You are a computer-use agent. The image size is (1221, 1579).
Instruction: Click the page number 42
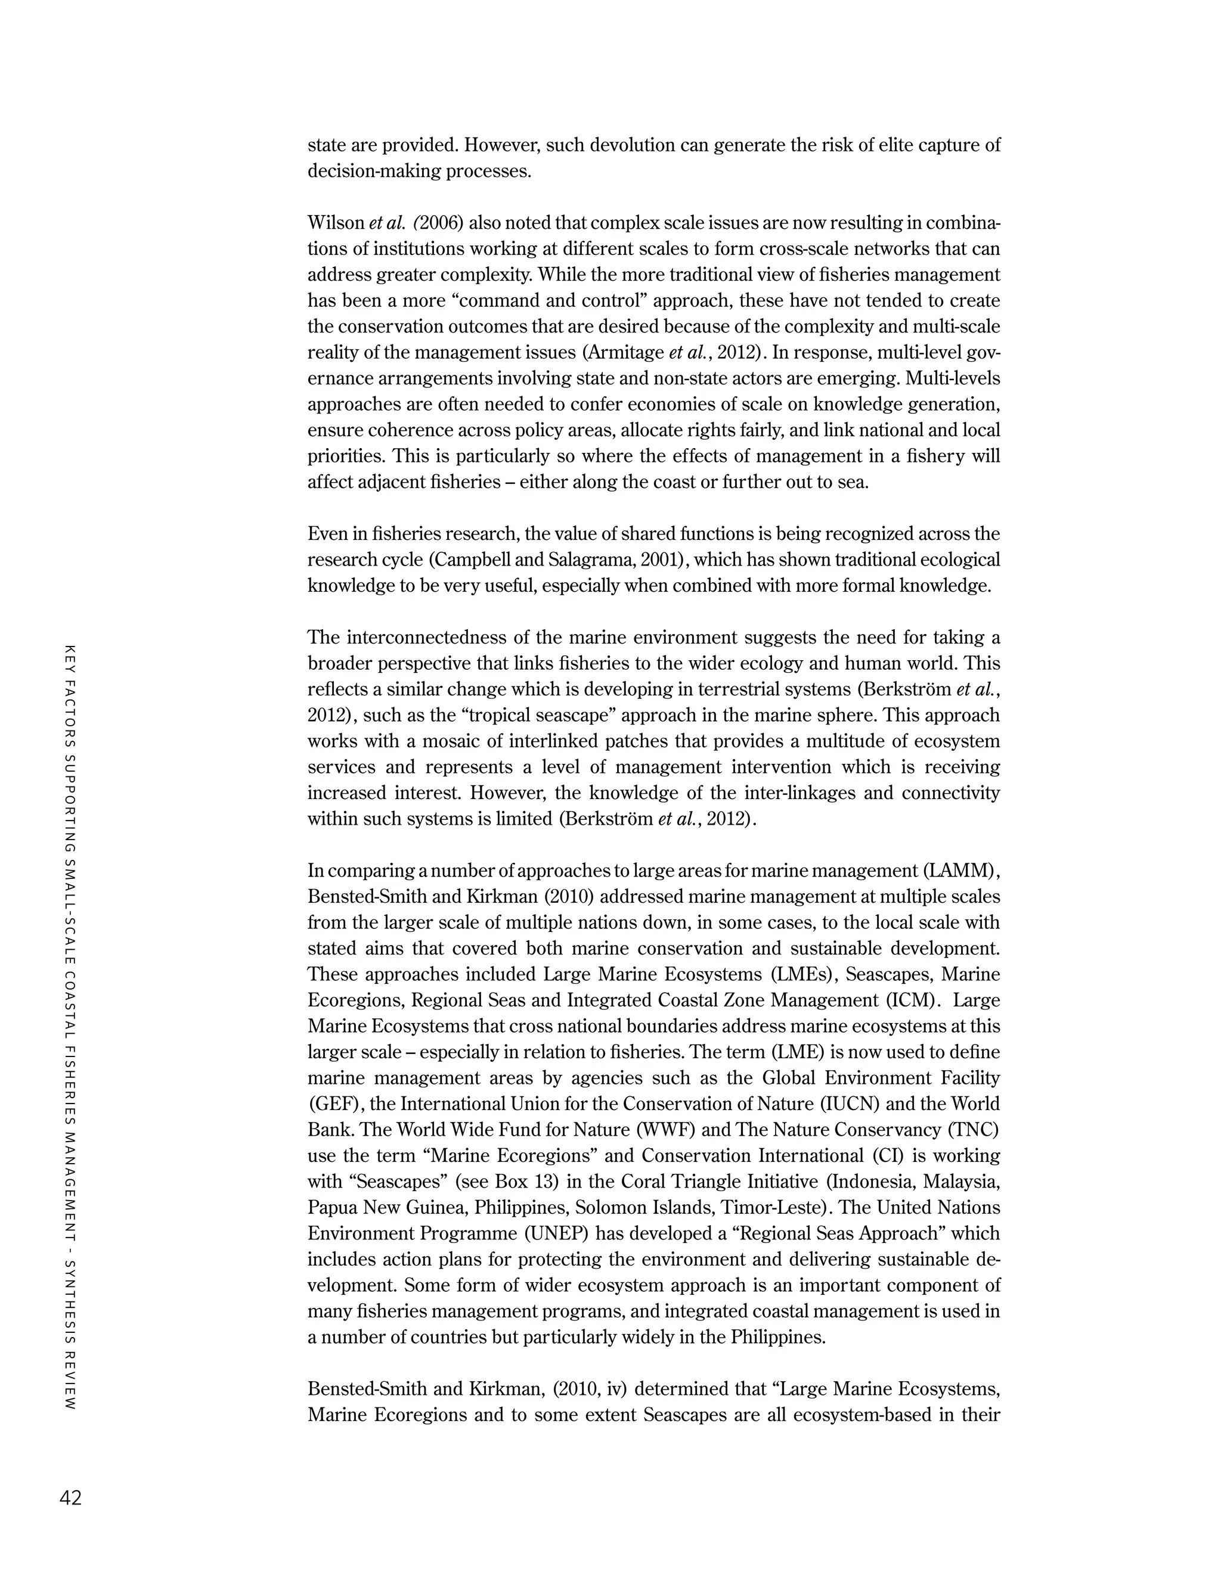point(71,1498)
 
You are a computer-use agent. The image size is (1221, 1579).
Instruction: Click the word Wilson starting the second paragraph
point(336,223)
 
